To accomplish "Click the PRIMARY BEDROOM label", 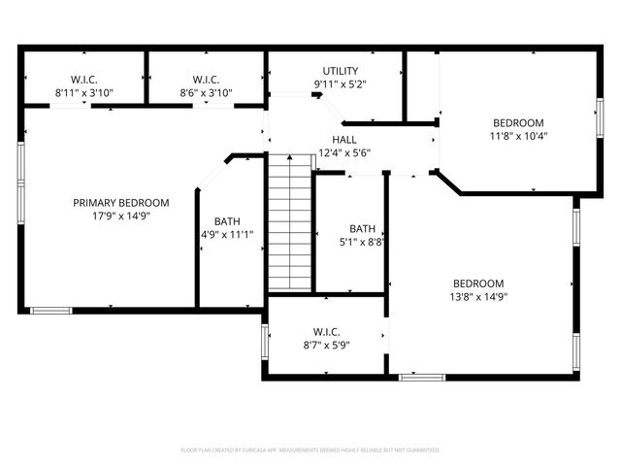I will (x=121, y=203).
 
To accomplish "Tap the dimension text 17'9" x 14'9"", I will (x=121, y=216).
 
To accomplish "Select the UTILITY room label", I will (x=341, y=71).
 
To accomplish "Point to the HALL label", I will (x=344, y=140).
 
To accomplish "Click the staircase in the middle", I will (x=289, y=222).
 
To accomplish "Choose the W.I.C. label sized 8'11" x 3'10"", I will (x=83, y=80).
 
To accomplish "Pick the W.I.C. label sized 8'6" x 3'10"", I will (x=206, y=80).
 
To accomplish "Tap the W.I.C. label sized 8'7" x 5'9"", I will (x=325, y=331).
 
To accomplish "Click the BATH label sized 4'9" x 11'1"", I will (x=227, y=220).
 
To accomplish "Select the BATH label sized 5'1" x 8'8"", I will (x=362, y=228).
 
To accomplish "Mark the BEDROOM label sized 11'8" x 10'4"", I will (x=518, y=123).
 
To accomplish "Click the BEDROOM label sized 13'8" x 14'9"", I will (x=478, y=283).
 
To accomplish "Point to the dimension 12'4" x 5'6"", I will (x=345, y=153).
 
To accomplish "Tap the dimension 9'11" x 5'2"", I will (x=341, y=84).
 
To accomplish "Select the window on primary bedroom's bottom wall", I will (x=50, y=311).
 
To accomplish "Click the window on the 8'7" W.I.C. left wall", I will (x=264, y=343).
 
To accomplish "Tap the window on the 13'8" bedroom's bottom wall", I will (x=422, y=377).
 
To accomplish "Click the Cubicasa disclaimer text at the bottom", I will (x=310, y=450).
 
